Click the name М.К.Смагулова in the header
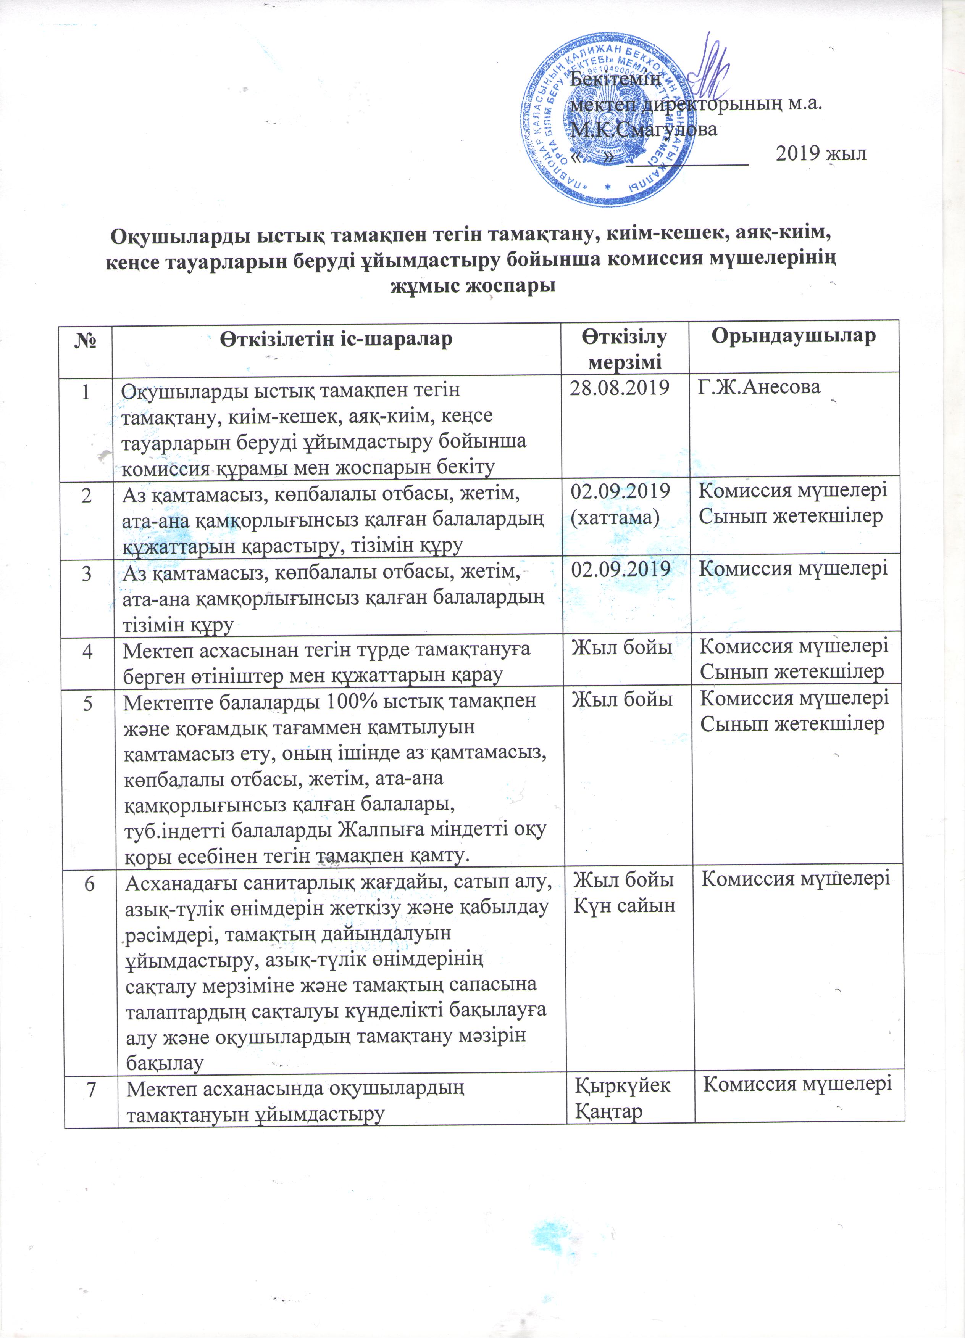(x=644, y=129)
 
